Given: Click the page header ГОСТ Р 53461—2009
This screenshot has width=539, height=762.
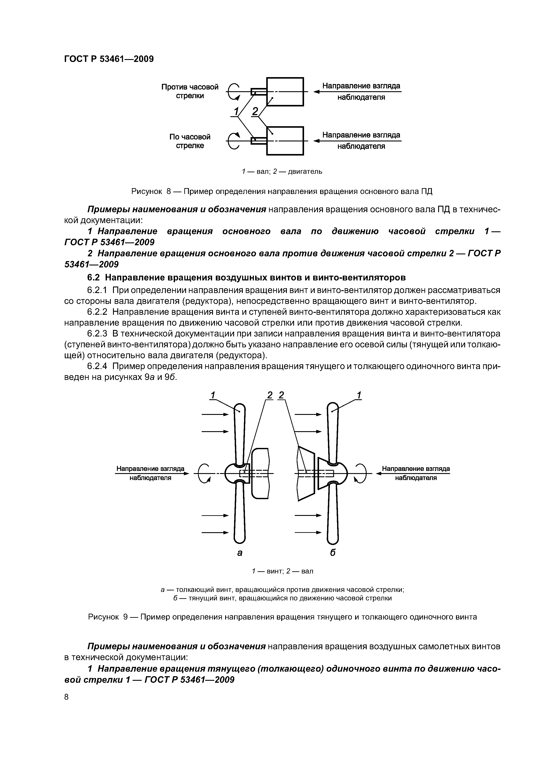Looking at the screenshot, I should (109, 59).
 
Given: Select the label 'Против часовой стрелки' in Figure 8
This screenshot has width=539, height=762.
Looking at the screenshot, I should (190, 91).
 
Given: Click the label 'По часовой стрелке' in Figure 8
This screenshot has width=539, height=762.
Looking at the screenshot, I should (190, 141).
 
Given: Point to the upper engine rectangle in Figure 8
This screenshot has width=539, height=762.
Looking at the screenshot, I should (285, 92).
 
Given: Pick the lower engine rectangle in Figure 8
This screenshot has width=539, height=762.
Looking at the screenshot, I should (285, 141).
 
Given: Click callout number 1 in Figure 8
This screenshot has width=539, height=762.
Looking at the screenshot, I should (236, 111).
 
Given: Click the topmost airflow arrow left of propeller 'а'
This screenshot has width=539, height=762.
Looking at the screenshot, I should (215, 414).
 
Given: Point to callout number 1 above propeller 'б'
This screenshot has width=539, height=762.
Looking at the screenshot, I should (359, 395).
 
